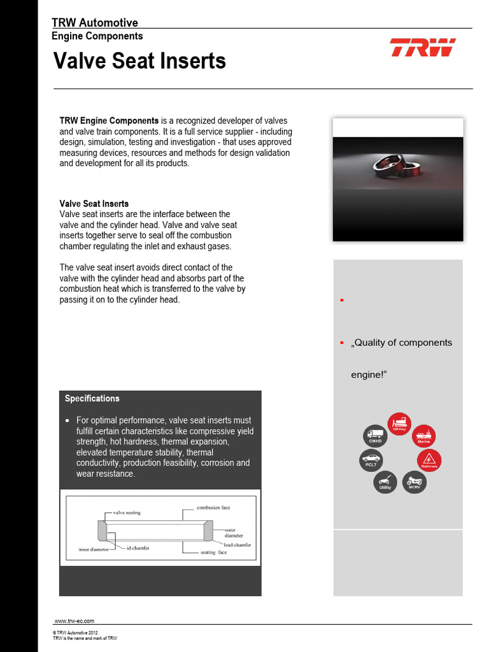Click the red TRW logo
click(x=422, y=48)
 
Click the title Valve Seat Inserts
click(x=139, y=61)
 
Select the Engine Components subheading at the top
click(x=97, y=36)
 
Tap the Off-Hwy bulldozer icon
click(x=399, y=424)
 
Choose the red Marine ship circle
click(x=424, y=436)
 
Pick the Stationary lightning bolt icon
click(x=429, y=460)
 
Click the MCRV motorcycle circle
click(x=415, y=482)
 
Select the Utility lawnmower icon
click(x=385, y=482)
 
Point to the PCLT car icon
click(x=371, y=460)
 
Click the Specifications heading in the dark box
click(x=92, y=399)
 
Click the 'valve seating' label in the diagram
click(x=127, y=512)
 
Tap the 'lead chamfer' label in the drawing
click(x=237, y=545)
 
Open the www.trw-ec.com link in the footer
click(x=74, y=620)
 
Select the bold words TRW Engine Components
click(x=109, y=120)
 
